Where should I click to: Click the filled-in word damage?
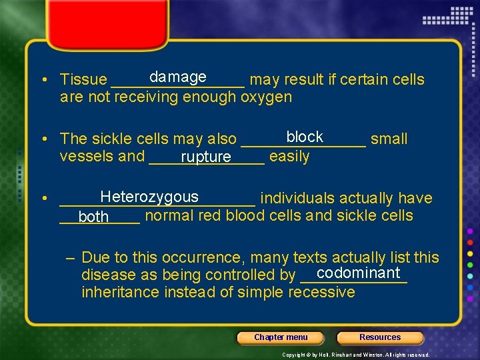(177, 77)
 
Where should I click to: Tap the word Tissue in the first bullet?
(83, 80)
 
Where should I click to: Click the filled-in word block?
(305, 137)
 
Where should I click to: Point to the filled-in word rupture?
(205, 157)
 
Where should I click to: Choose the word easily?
(289, 157)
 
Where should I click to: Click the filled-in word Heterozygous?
(149, 197)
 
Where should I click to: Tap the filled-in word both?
(93, 217)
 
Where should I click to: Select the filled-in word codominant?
(359, 273)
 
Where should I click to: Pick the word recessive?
(322, 292)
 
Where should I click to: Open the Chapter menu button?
(281, 337)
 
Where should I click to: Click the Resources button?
(380, 337)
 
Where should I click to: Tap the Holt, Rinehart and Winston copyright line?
(356, 355)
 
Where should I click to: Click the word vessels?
(86, 157)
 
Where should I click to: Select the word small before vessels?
(389, 139)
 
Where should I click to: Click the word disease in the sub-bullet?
(106, 275)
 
